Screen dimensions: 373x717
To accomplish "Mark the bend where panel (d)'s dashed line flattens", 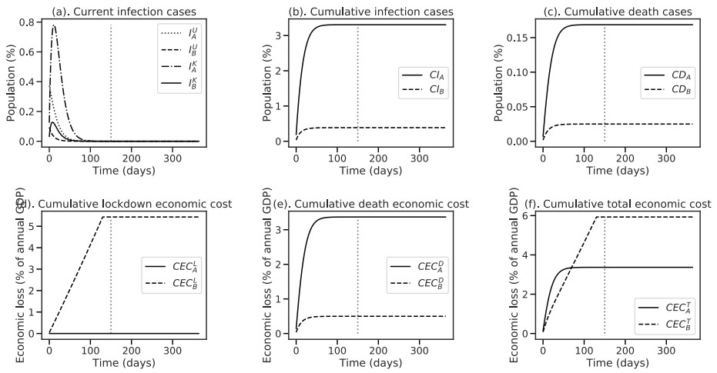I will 102,218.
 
